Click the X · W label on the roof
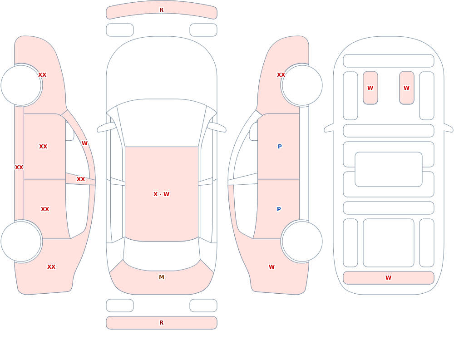coord(161,194)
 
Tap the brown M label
coord(162,277)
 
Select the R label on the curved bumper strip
coord(162,10)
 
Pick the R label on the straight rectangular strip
coord(162,323)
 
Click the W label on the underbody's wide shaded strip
coord(388,277)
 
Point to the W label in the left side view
coord(84,143)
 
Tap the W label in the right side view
coord(271,267)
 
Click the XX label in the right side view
coord(281,75)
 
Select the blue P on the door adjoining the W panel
coord(279,209)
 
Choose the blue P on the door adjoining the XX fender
coord(280,146)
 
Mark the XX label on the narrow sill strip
coord(19,167)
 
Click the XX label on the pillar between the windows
coord(81,179)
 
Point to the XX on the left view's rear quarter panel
coord(51,267)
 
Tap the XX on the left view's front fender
coord(42,75)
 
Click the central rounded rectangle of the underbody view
coord(389,169)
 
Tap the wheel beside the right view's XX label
coord(302,85)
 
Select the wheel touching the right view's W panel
coord(302,241)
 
